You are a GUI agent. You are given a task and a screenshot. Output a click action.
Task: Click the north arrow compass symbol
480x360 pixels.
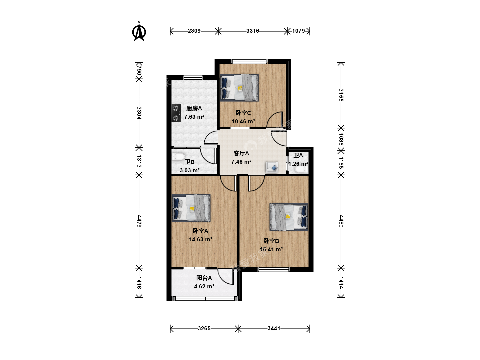139,31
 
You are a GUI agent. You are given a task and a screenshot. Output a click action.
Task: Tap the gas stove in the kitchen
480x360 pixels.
176,113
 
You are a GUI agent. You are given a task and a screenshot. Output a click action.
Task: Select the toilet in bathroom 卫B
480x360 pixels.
178,157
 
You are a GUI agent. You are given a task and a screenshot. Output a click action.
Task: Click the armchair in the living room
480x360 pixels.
272,167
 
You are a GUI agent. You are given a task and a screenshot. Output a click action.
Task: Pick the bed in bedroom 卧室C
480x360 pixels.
239,88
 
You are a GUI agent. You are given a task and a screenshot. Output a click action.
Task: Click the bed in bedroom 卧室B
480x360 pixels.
289,217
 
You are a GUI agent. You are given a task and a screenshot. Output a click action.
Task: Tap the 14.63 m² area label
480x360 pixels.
201,239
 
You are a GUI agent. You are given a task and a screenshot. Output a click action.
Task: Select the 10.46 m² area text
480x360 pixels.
243,121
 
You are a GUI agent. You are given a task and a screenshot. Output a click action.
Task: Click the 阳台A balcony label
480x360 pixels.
204,278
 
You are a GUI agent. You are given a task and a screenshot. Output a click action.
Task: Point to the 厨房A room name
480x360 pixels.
194,108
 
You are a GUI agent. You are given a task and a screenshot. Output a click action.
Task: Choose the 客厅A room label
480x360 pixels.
241,153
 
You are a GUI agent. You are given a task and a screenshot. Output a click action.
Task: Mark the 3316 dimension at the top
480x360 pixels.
253,31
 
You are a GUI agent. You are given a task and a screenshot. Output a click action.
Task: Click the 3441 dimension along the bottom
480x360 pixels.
274,329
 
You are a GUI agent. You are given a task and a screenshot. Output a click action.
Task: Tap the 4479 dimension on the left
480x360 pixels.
139,221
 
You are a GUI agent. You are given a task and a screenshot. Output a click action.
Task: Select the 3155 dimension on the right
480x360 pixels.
341,95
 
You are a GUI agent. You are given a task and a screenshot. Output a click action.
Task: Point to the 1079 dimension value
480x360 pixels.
298,31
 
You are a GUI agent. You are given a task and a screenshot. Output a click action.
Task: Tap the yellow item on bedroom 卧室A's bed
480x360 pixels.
192,209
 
